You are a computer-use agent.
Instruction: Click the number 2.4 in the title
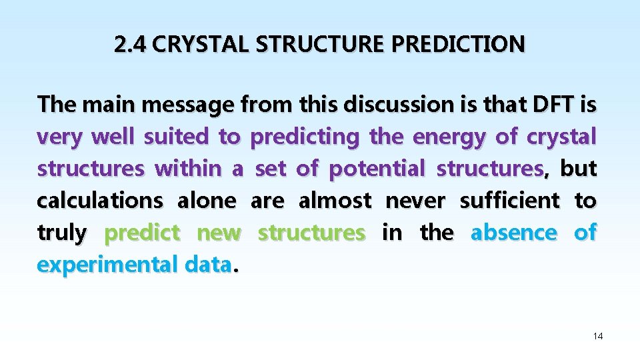[x=130, y=45]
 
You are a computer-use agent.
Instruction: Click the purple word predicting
[x=304, y=137]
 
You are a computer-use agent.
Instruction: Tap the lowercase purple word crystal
[x=561, y=137]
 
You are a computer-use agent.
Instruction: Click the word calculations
[x=100, y=201]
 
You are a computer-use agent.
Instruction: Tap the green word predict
[x=143, y=233]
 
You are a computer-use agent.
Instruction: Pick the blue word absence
[x=513, y=233]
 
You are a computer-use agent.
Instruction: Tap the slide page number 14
[x=598, y=337]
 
